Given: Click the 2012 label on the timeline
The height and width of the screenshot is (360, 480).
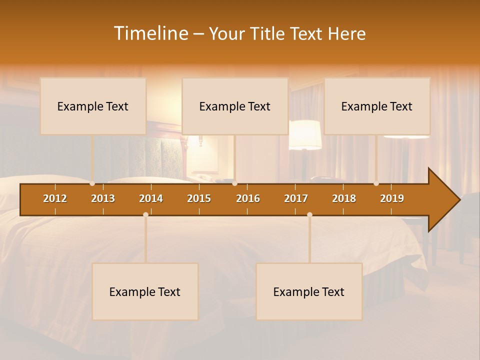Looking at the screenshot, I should coord(55,198).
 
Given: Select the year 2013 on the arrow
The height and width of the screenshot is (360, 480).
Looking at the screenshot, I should coord(103,198).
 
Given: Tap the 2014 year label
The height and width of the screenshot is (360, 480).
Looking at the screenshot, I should coord(151,198).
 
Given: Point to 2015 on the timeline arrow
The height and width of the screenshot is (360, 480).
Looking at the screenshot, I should coord(199,198).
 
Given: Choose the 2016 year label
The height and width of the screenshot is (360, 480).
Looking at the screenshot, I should coord(248,198).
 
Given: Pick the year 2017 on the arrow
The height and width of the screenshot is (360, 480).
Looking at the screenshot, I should coord(296,198).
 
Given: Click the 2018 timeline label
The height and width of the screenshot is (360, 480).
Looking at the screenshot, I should coord(344,198).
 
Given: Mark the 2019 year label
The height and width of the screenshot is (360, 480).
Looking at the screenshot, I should coord(392,198).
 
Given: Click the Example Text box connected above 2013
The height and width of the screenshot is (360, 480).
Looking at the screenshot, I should coord(93,106).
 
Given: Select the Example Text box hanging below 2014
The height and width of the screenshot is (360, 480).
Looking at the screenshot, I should coord(145,291).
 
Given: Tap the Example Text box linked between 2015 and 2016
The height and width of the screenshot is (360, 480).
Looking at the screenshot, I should coord(235,106).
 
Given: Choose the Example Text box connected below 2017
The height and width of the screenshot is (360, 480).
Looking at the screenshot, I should coord(309,291).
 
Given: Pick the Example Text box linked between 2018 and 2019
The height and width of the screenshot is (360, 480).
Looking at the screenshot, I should coord(377,106).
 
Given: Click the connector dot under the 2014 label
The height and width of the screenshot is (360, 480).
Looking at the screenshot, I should coord(145,214).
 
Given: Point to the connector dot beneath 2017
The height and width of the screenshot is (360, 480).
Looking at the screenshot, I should coord(309,214).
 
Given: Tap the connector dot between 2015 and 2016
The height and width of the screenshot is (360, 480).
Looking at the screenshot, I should coord(235,183).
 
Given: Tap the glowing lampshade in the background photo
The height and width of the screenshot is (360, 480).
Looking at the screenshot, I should coord(305,134).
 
